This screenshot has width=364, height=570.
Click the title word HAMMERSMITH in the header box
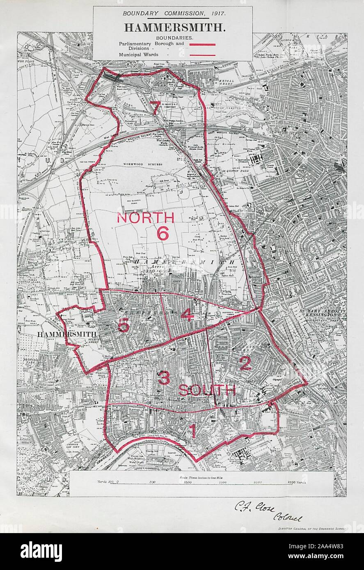(x=174, y=27)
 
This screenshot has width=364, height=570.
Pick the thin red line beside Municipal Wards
(x=202, y=55)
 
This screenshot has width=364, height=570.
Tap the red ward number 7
(x=154, y=108)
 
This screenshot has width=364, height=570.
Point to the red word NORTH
(x=145, y=218)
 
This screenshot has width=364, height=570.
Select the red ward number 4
(x=186, y=315)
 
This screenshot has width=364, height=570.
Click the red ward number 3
(x=164, y=378)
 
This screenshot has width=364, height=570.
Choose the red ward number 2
(x=245, y=364)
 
